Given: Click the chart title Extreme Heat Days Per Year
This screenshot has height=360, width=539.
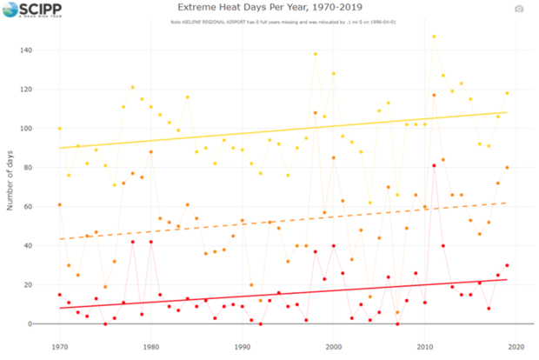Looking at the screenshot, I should click(x=269, y=8).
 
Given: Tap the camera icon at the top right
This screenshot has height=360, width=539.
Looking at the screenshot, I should click(x=519, y=9).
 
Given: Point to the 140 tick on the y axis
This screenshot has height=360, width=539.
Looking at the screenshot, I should click(x=37, y=50).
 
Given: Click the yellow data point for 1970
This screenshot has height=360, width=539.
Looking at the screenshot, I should click(x=59, y=129).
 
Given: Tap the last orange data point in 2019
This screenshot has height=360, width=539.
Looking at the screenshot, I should click(x=507, y=168).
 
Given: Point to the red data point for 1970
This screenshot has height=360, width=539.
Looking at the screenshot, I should click(x=59, y=295).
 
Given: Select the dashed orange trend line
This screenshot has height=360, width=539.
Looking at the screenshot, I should click(x=287, y=219).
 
